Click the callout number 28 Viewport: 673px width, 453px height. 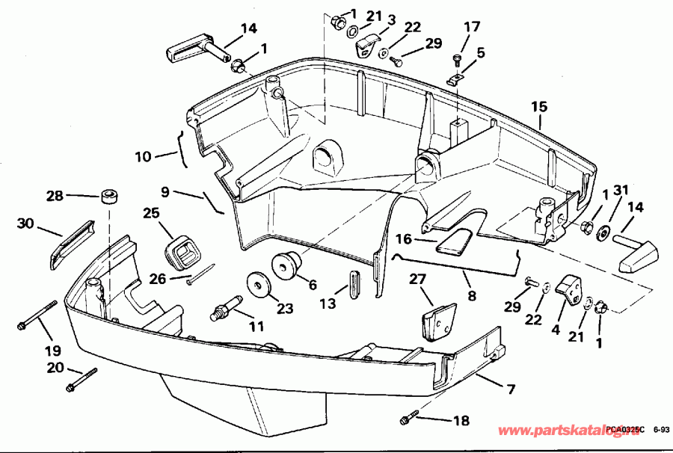click(x=55, y=196)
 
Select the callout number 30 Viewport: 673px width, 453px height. click(x=25, y=223)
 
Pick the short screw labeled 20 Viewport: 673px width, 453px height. click(x=82, y=379)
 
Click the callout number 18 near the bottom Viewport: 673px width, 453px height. click(x=461, y=421)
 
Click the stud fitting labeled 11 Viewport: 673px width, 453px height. click(x=225, y=309)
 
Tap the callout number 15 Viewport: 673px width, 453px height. click(x=540, y=107)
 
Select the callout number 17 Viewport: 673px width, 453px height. click(x=471, y=26)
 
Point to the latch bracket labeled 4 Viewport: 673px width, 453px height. click(x=571, y=289)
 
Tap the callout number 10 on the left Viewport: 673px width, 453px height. click(x=143, y=157)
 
